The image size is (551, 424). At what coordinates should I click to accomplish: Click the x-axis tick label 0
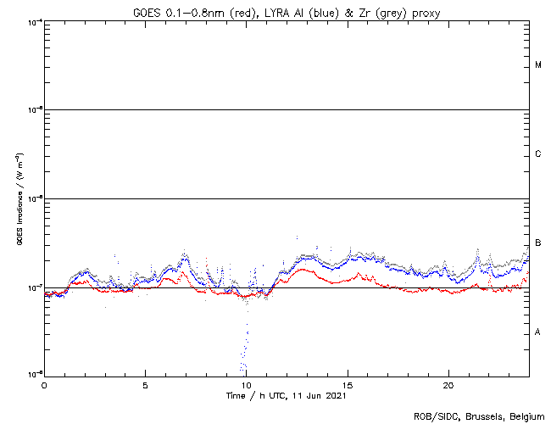pos(44,383)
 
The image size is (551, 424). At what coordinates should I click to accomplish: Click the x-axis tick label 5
pos(145,383)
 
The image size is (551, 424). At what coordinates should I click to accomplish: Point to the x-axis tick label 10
pos(246,383)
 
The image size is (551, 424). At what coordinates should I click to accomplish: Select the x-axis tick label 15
pos(348,383)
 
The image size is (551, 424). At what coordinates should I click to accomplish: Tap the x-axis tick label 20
pos(448,383)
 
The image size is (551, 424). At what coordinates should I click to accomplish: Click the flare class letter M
pos(538,65)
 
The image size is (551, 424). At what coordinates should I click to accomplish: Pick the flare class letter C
pos(538,154)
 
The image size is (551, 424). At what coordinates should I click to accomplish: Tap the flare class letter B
pos(538,243)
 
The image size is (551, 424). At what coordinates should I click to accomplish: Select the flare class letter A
pos(538,332)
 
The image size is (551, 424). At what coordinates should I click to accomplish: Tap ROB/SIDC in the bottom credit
pos(435,416)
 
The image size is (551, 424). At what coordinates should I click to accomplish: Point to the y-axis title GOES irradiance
pos(19,201)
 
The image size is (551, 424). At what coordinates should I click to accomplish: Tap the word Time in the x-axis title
pos(237,395)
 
